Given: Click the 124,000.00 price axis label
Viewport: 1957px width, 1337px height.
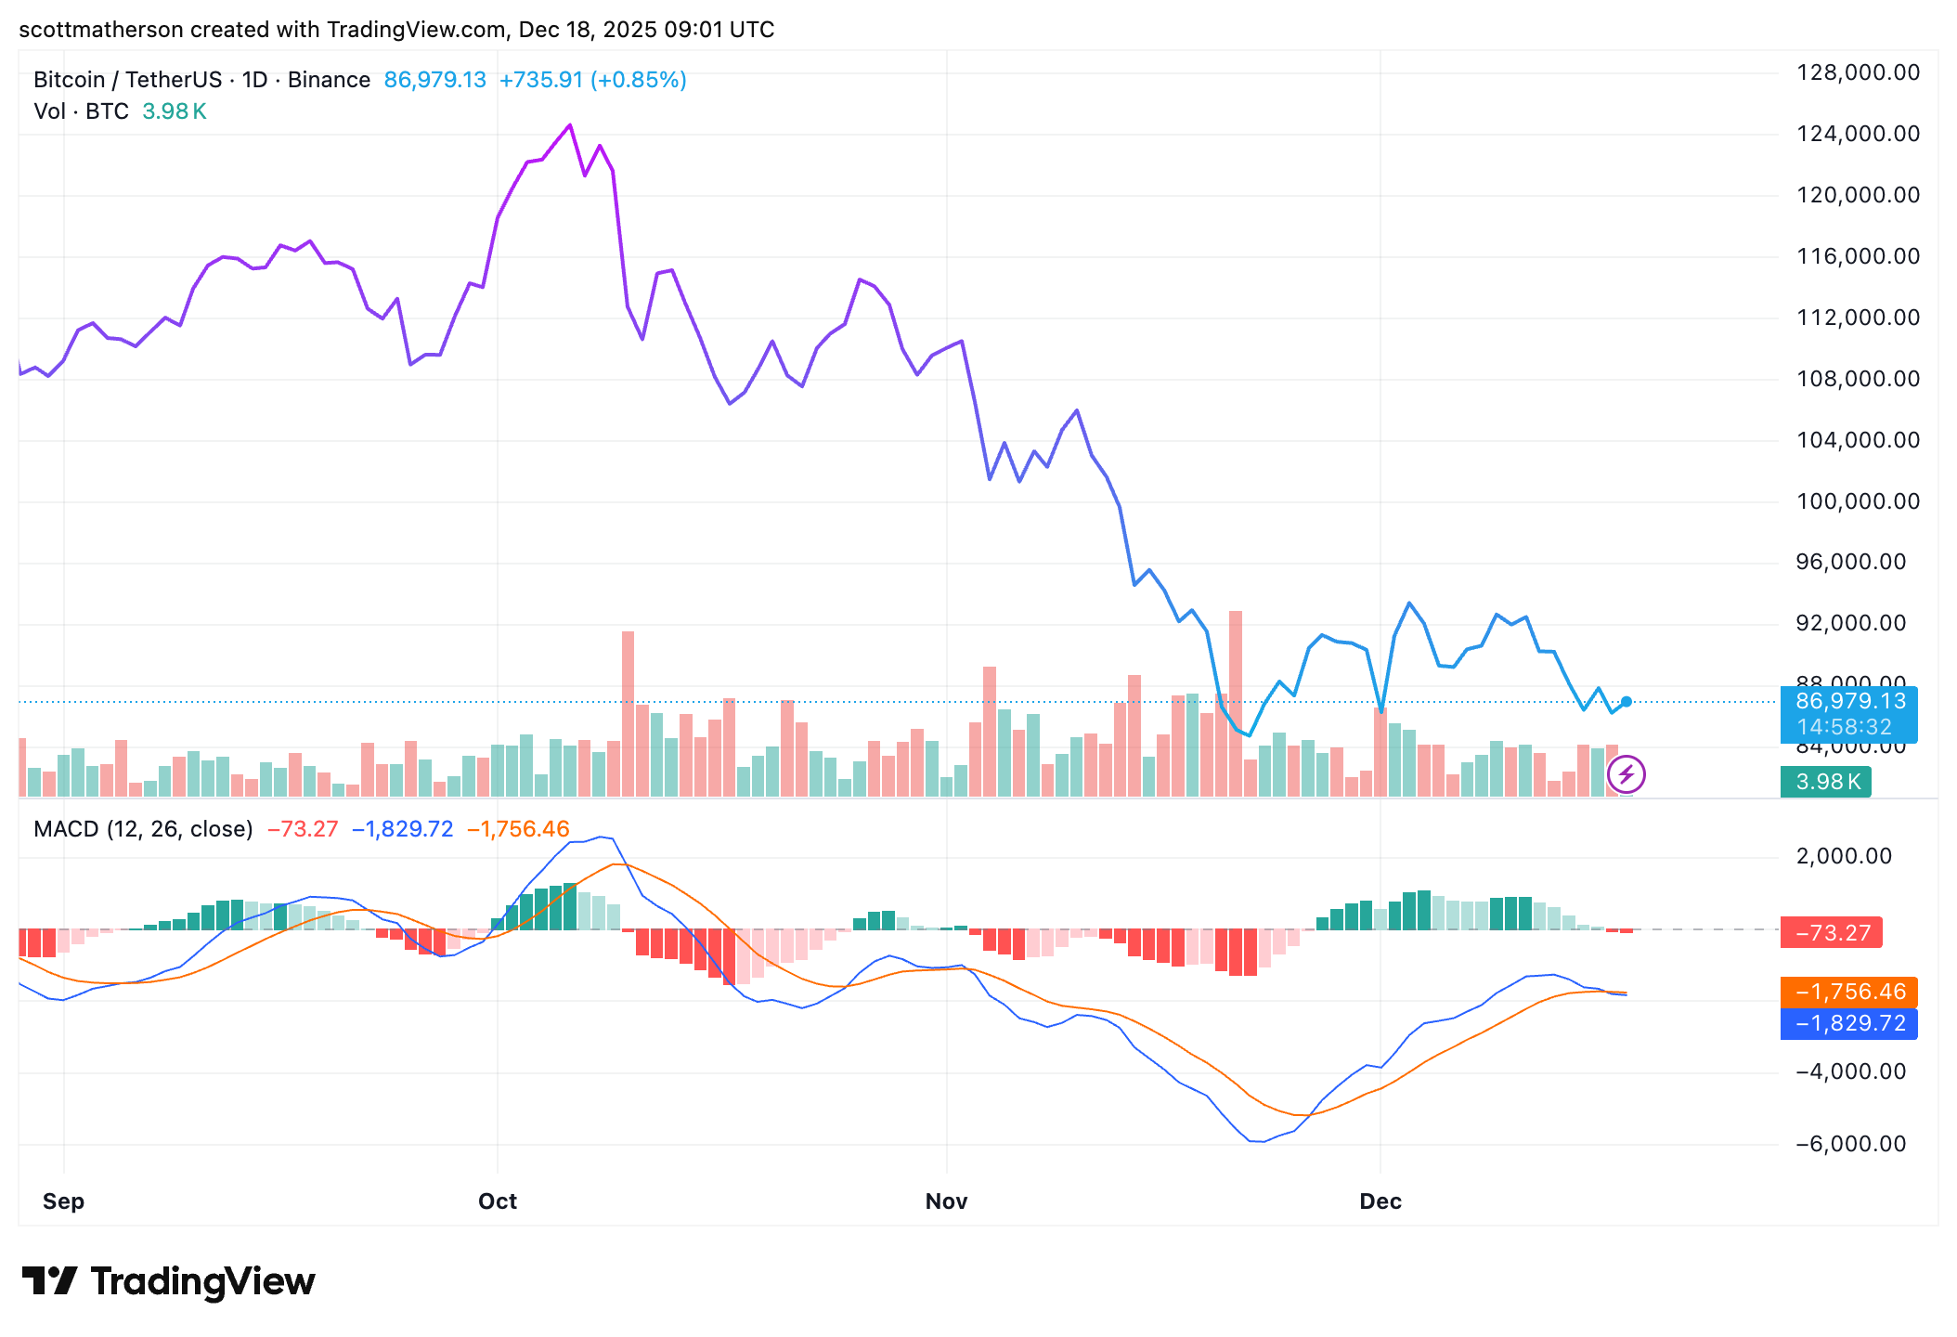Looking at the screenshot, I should click(1858, 134).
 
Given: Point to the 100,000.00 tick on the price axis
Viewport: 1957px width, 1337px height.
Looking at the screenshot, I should click(1858, 501).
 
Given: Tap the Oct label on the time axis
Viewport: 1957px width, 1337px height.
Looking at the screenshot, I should click(497, 1201).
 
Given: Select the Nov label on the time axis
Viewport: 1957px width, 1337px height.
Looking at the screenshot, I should click(946, 1201).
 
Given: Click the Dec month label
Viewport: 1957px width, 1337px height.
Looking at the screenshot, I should click(1380, 1201).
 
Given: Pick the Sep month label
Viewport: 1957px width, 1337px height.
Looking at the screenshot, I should click(63, 1201).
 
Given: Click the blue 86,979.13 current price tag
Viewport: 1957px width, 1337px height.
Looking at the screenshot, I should click(1848, 702).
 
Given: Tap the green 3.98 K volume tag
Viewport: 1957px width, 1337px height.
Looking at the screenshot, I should click(1826, 782).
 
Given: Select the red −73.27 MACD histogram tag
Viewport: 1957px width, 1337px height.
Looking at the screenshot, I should click(1831, 932).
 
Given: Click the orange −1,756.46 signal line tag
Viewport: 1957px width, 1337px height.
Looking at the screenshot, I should click(1848, 992).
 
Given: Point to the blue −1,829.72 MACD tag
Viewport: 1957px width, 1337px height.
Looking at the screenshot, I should click(1848, 1023).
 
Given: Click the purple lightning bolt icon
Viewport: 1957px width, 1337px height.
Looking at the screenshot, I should click(1626, 774).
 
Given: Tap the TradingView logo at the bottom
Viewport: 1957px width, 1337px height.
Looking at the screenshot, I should click(169, 1281).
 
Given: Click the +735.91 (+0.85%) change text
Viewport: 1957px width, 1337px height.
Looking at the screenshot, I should click(592, 80).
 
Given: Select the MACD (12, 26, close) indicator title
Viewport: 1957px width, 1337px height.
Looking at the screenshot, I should click(143, 828).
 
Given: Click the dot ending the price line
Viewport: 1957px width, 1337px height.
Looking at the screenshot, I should click(1626, 702).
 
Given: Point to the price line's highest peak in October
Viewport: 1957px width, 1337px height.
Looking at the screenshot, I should click(570, 125).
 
